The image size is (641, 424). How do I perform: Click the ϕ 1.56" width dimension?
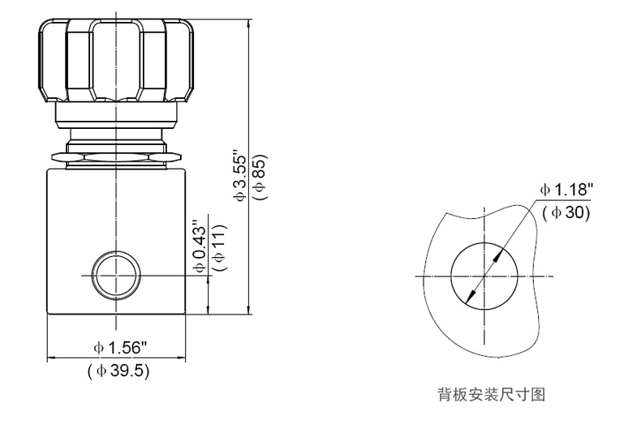pyautogui.click(x=119, y=347)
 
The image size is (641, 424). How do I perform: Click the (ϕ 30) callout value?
pyautogui.click(x=566, y=212)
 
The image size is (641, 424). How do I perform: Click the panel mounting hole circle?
pyautogui.click(x=484, y=276)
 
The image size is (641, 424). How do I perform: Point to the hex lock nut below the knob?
pyautogui.click(x=118, y=152)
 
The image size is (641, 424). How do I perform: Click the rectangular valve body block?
pyautogui.click(x=118, y=239)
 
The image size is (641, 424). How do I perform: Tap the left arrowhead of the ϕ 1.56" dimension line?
pyautogui.click(x=52, y=356)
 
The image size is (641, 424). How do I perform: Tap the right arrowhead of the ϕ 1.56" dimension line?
pyautogui.click(x=186, y=356)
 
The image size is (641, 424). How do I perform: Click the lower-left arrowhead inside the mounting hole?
pyautogui.click(x=469, y=302)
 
